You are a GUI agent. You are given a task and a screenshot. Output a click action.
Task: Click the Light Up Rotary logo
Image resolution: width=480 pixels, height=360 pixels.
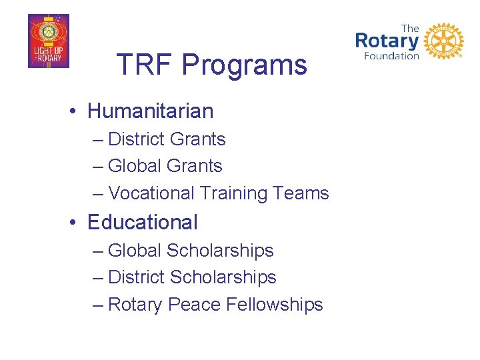point(48,41)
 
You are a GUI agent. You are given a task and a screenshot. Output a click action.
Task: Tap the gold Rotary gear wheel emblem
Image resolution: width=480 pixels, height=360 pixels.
point(443,41)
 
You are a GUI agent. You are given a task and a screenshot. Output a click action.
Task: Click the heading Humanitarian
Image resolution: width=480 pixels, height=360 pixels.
point(150,111)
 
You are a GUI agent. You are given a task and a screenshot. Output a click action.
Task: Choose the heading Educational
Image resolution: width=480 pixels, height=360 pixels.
point(142,222)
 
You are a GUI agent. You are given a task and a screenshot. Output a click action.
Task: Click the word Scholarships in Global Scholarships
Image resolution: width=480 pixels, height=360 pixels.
point(220,251)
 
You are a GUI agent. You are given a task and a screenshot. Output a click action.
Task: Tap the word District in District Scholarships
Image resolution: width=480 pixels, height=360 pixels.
point(136,277)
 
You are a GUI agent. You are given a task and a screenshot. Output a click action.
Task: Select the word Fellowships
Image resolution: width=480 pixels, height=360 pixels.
point(275,305)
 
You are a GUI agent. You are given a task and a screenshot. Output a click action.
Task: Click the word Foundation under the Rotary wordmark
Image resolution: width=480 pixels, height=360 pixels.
point(391,56)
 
